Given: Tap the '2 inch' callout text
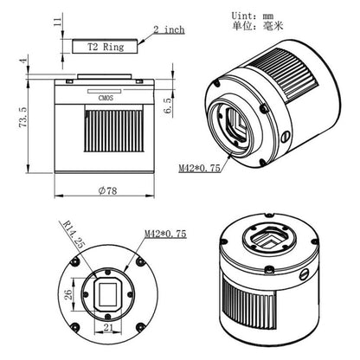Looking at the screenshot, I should [168, 29].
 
